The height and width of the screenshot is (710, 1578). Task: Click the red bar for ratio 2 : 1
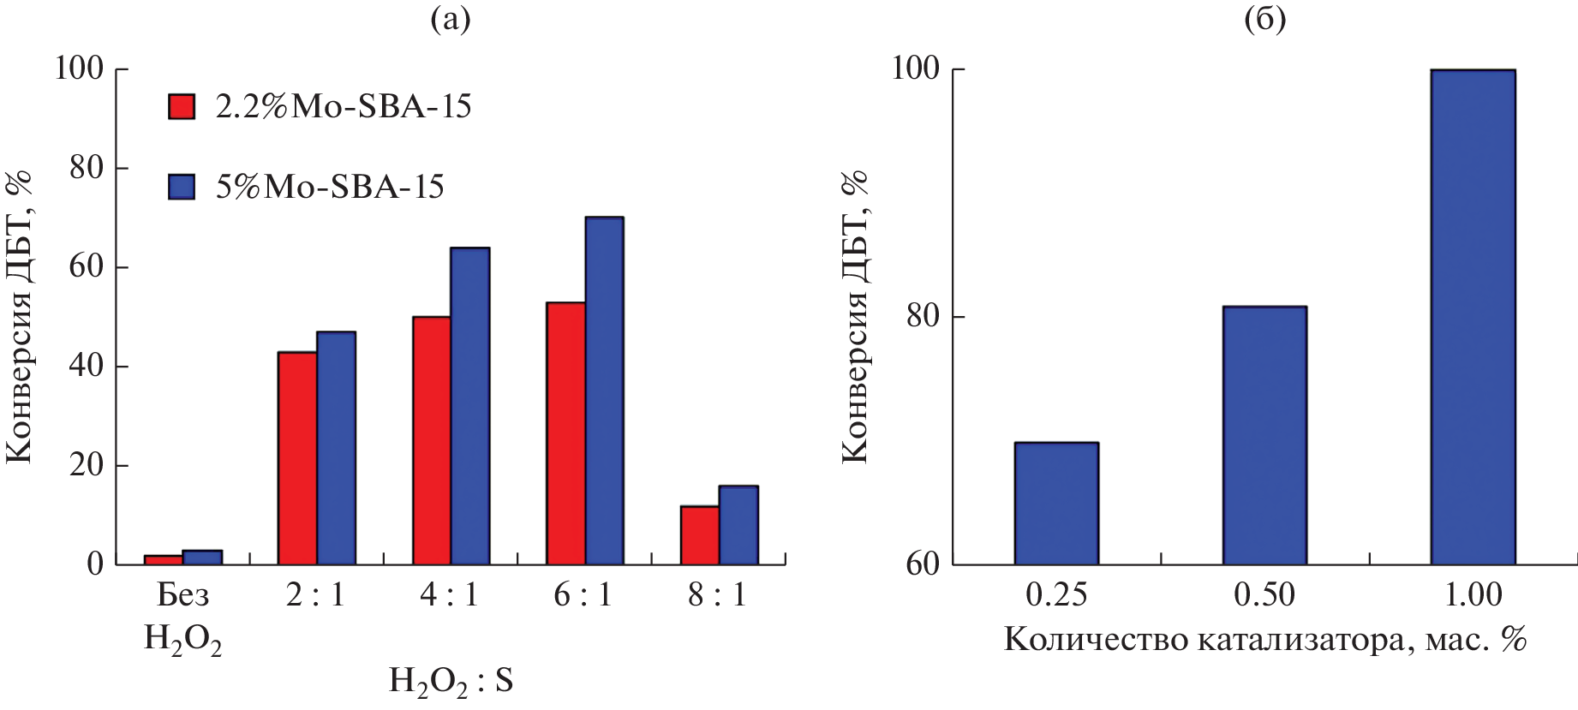pos(297,458)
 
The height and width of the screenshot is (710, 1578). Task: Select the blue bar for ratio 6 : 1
pos(604,391)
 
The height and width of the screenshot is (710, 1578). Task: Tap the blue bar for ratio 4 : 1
pos(470,406)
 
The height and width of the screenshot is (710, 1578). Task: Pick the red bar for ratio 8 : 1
pos(700,535)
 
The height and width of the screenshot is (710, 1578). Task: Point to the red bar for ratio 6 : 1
pos(565,433)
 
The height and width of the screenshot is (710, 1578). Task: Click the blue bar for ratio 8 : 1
pos(738,525)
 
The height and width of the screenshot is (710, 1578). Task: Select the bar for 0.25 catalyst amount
pos(1056,504)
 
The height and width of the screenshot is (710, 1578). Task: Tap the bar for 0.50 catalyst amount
pos(1264,435)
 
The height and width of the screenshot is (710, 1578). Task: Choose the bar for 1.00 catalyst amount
pos(1473,317)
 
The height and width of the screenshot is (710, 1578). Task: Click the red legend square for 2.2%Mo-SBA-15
pos(182,106)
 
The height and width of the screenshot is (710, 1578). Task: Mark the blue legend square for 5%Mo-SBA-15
pos(182,187)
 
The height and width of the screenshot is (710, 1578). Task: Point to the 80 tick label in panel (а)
pos(87,168)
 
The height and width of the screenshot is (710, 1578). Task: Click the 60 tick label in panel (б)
pos(923,564)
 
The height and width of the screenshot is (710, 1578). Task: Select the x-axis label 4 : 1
pos(449,594)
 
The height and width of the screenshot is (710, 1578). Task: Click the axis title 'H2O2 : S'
pos(451,681)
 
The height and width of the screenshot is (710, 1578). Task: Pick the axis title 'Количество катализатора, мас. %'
pos(1264,639)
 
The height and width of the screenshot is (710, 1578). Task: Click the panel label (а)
pos(451,19)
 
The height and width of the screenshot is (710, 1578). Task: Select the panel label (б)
pos(1264,19)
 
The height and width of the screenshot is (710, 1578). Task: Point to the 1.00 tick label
pos(1473,594)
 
